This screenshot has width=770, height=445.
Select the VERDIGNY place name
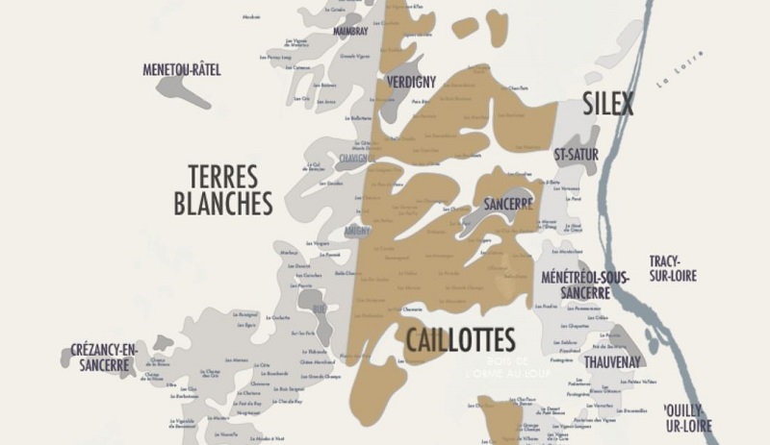click(412, 83)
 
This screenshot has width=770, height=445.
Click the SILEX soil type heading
click(608, 104)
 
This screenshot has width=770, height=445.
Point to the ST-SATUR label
click(577, 154)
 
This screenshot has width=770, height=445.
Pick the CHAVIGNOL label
click(354, 158)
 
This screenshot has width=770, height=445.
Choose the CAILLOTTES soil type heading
click(460, 339)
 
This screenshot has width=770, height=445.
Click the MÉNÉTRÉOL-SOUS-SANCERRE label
click(585, 284)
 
